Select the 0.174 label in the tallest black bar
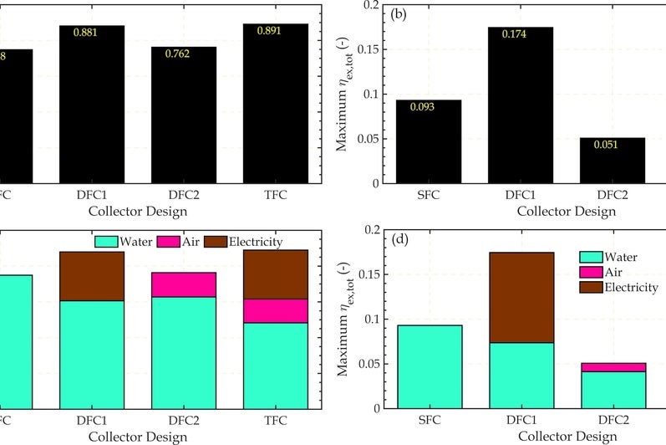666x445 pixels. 516,34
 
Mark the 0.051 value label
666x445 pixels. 608,145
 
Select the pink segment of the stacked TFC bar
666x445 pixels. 276,310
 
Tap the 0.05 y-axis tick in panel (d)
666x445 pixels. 372,364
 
